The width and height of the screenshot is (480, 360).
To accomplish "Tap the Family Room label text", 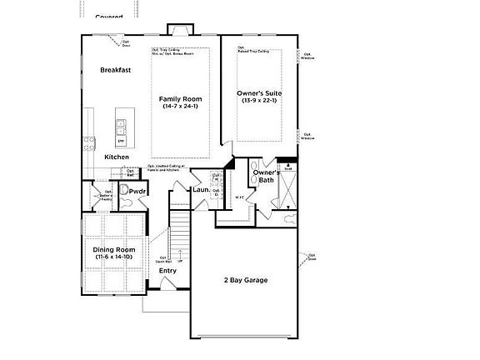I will click(181, 99).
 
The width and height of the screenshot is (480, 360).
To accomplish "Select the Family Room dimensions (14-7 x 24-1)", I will click(181, 107).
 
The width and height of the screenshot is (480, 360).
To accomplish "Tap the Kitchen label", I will click(117, 157).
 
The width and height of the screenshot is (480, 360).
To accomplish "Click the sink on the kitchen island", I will click(120, 127).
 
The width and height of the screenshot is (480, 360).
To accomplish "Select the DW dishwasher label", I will click(120, 141).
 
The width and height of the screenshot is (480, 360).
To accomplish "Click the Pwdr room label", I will click(137, 192).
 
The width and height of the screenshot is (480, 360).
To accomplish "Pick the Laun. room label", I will click(201, 191).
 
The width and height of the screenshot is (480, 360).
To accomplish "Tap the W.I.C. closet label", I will click(239, 197).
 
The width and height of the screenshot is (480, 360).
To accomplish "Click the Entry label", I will click(167, 271).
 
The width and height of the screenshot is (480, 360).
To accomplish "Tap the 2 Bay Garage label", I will click(244, 280).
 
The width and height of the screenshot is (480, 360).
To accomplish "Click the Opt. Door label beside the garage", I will click(312, 257).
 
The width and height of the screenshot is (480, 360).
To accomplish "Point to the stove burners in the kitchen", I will click(86, 144).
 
